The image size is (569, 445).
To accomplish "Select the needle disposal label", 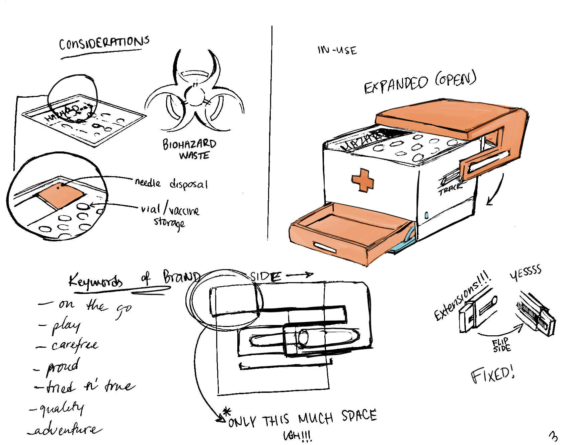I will point(171,184).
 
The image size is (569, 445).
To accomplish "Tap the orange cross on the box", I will point(363,180).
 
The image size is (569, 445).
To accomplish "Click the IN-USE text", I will point(337,50).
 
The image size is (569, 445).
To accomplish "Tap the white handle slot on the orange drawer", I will point(325,247).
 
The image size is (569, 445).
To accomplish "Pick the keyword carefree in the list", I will point(75,345).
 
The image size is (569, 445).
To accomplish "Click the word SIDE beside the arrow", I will point(265,276).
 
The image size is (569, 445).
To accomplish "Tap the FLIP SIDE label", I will point(501,345).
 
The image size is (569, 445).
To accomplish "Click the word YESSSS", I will point(525,273).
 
